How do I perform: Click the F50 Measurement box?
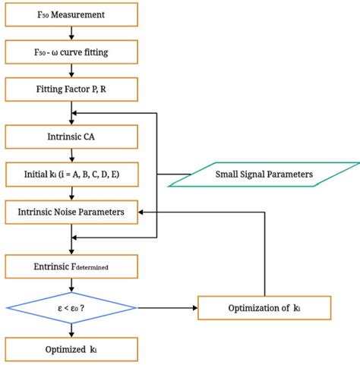point(71,14)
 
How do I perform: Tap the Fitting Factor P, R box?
point(71,91)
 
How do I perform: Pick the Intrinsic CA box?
point(71,137)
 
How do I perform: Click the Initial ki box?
point(71,175)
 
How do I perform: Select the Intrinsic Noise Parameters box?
point(71,212)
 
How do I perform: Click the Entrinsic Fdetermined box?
point(71,266)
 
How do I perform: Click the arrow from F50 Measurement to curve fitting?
point(71,34)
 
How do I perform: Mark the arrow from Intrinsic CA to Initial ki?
point(71,156)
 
